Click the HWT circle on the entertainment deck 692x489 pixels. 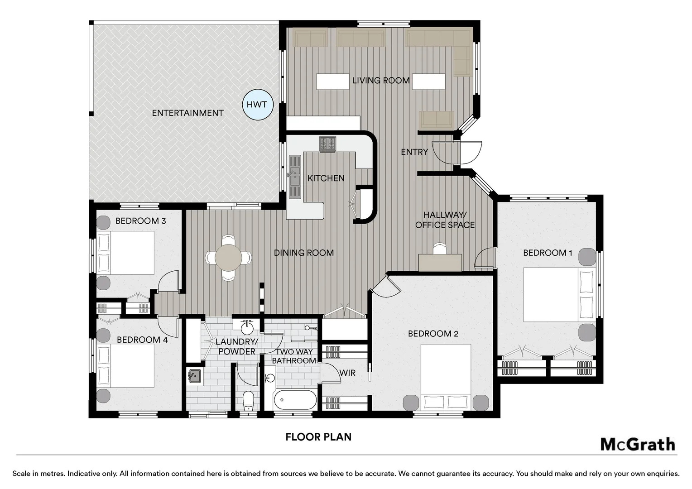point(258,105)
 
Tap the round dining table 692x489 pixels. point(228,258)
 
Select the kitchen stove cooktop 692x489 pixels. point(327,144)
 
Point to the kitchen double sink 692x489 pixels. point(295,177)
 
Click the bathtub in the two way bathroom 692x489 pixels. point(295,400)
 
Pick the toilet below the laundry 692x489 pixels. point(248,401)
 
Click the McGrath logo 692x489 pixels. point(638,445)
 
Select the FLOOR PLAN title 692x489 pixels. point(318,437)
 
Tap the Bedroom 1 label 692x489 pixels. point(548,253)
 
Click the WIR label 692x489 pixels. point(347,373)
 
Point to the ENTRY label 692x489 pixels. point(414,152)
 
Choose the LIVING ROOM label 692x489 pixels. point(381,80)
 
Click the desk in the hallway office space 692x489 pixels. point(440,262)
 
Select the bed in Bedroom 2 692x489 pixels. point(446,377)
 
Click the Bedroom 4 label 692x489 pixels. point(142,340)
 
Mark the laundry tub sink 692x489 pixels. point(195,376)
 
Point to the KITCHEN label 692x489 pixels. point(326,178)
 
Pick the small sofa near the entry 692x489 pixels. point(436,120)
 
